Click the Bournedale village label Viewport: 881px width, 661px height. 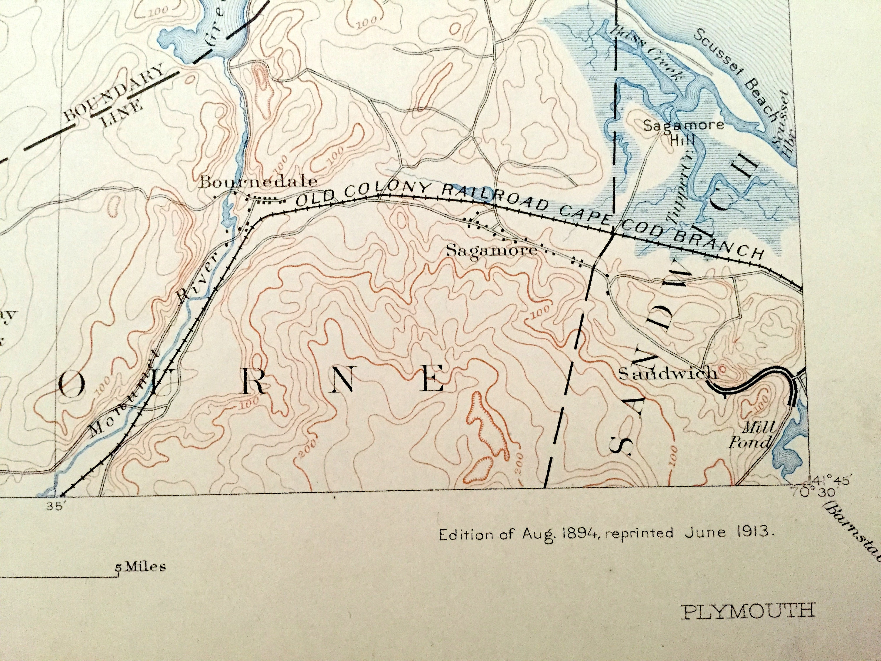pos(258,182)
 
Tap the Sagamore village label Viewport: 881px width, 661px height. pos(492,251)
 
